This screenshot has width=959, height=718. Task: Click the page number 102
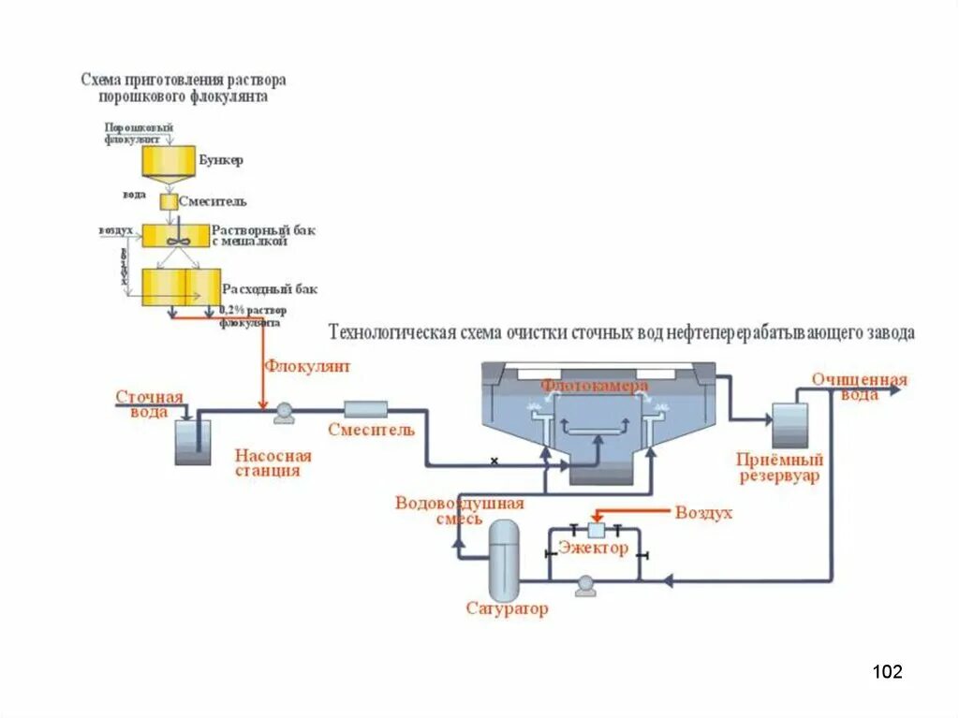[x=887, y=671]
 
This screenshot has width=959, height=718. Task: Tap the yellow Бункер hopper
[x=169, y=162]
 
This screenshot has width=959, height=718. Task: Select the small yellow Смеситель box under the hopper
[x=168, y=201]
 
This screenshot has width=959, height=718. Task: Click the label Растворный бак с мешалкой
[x=250, y=235]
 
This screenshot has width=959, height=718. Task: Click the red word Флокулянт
[x=307, y=367]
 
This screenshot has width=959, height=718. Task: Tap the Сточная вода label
[x=150, y=404]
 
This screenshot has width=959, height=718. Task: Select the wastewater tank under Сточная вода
[x=194, y=442]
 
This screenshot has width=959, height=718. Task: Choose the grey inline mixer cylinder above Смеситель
[x=365, y=408]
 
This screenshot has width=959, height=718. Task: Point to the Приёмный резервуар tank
[x=789, y=426]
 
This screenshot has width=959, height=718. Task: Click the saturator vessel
[x=504, y=560]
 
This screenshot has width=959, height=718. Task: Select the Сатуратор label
[x=507, y=609]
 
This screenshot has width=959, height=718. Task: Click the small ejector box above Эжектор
[x=596, y=530]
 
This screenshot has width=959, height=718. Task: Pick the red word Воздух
[x=703, y=513]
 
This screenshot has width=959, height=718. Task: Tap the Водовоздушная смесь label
[x=459, y=510]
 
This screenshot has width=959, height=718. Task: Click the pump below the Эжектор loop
[x=586, y=586]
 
